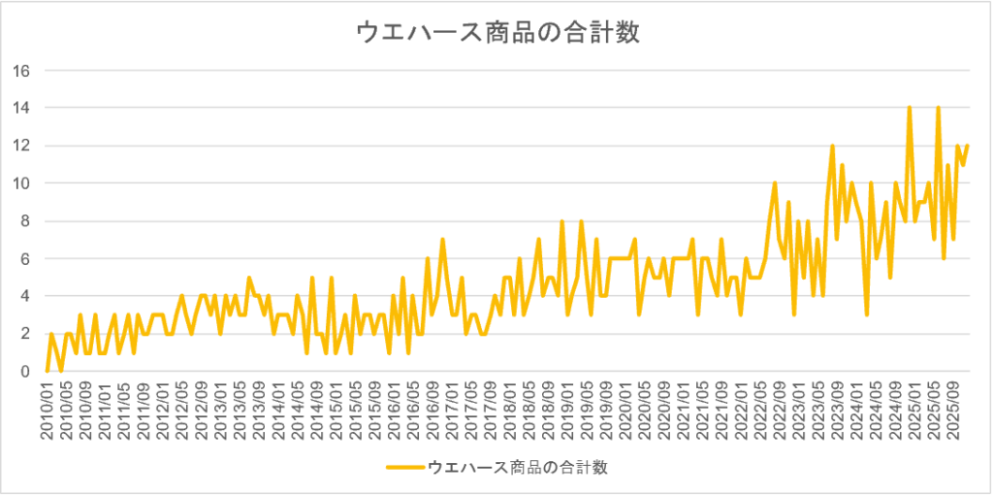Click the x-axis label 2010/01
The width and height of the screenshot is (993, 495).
point(48,410)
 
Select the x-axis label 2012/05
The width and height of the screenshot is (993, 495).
point(181,410)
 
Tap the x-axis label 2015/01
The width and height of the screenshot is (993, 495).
point(335,410)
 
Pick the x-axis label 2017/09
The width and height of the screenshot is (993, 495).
point(488,410)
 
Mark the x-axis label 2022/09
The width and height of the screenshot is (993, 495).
point(775,410)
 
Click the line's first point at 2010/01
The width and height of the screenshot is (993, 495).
point(48,371)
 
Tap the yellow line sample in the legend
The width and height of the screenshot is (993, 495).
point(405,468)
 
